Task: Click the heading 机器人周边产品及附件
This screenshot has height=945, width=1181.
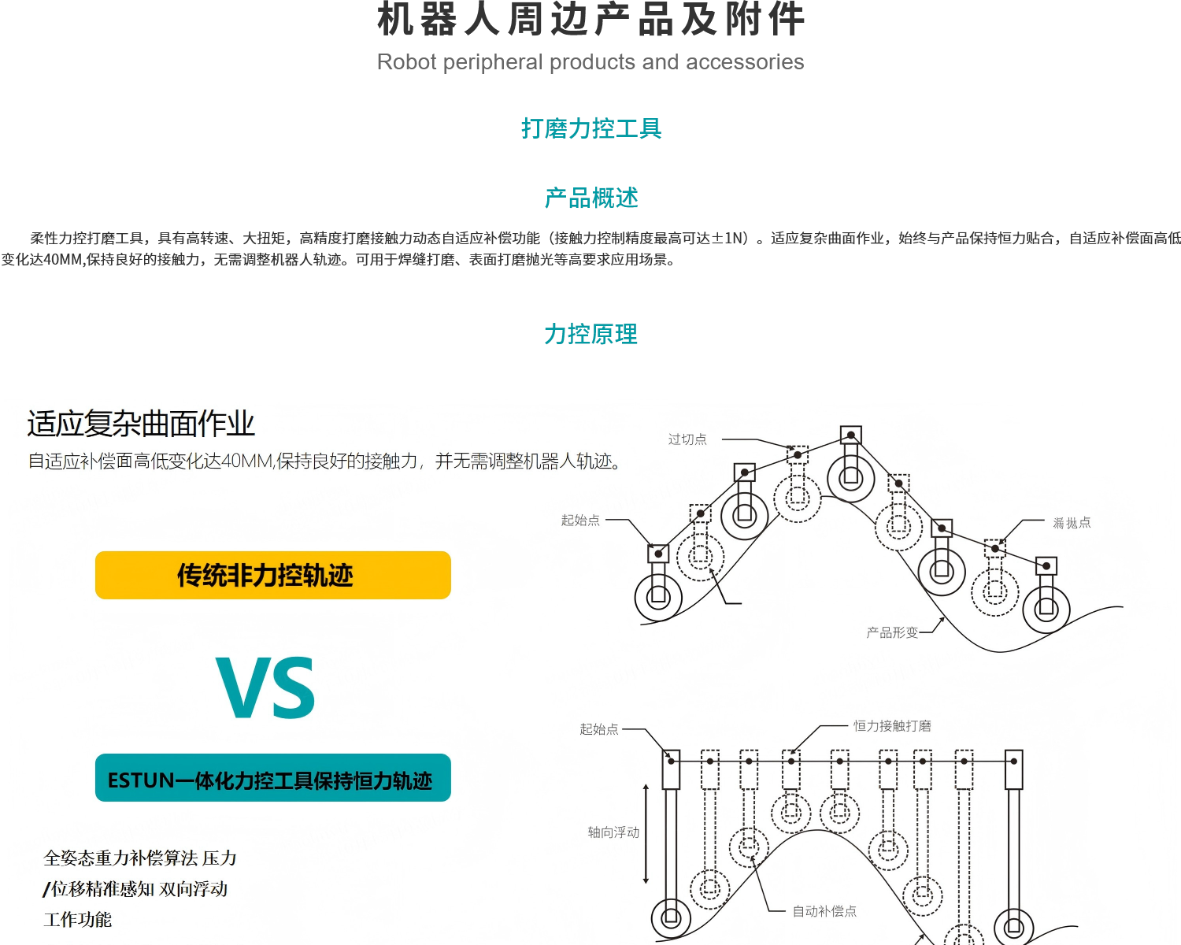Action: [590, 20]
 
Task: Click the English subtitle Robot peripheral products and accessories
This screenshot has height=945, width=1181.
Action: [590, 62]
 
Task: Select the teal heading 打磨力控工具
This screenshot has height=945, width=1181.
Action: [590, 128]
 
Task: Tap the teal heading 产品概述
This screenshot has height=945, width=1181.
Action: [590, 198]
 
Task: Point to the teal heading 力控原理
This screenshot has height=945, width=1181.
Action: [590, 334]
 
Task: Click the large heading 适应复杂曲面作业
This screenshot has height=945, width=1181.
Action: [141, 424]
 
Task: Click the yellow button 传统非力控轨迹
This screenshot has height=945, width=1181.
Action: [272, 575]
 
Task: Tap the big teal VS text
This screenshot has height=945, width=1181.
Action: [266, 688]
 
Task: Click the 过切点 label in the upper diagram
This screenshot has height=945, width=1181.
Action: [687, 439]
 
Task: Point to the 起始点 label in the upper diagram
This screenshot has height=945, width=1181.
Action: [580, 520]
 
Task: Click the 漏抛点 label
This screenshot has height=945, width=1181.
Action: [1072, 523]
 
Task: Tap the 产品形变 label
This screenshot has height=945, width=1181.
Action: [892, 632]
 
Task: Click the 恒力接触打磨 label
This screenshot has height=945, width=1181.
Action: [892, 725]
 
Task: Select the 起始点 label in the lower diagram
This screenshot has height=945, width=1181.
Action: [599, 729]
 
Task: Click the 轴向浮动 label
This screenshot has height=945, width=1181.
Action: [613, 832]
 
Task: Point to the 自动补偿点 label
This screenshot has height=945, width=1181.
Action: [824, 911]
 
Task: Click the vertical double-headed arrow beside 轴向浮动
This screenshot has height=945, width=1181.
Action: [646, 833]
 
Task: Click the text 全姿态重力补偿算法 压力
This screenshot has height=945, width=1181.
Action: [140, 858]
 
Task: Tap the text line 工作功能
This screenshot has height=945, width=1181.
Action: [78, 919]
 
